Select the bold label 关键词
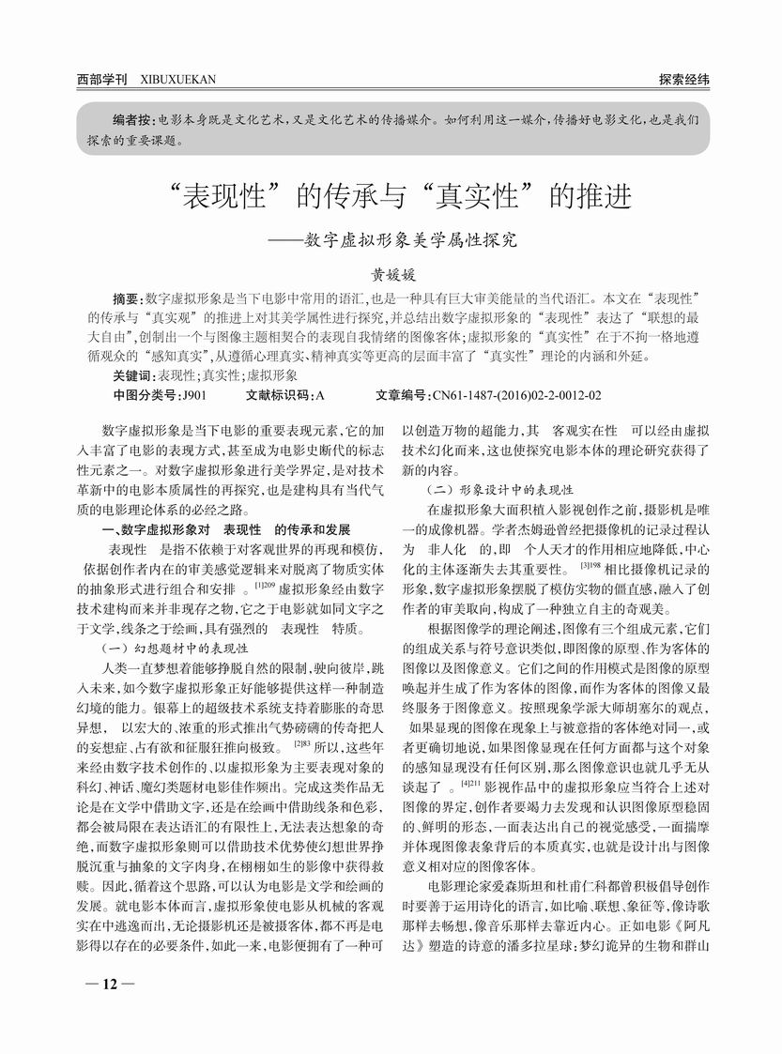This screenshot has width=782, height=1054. click(132, 374)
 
